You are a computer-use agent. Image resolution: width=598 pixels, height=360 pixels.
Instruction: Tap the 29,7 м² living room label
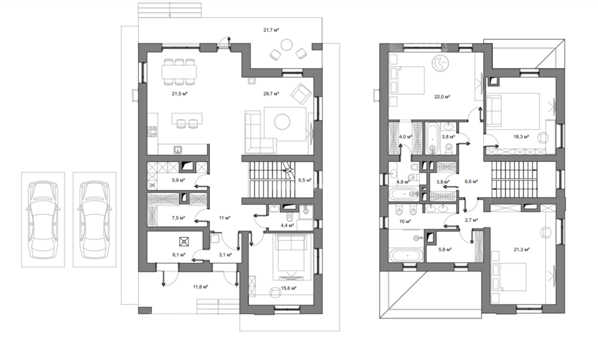point(271,93)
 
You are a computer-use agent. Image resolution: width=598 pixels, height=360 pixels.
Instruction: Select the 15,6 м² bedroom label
point(289,288)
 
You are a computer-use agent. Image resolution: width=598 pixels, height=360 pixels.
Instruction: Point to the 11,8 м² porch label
point(201,286)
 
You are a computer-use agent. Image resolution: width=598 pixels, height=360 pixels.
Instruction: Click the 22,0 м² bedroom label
point(443,97)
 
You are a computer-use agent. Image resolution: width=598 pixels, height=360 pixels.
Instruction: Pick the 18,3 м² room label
point(521,136)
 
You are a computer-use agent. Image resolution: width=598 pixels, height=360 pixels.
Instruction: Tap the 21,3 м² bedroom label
point(521,249)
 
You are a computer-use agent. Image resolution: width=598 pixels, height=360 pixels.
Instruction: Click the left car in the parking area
point(42,219)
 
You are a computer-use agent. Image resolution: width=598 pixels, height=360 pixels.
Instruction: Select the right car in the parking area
point(94,219)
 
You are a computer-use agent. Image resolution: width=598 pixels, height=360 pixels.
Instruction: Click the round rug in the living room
point(282,122)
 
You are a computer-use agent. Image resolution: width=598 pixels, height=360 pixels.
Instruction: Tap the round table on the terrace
point(287,45)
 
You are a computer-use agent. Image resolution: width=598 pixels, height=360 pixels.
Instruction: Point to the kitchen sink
point(178,150)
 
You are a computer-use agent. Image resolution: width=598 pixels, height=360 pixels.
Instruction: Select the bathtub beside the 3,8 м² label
point(432,138)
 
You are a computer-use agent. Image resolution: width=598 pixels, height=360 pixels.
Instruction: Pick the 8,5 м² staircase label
point(305,179)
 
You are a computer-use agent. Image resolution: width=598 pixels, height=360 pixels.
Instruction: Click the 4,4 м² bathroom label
point(287,225)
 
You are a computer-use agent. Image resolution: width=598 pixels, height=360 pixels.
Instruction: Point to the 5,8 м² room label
point(445,249)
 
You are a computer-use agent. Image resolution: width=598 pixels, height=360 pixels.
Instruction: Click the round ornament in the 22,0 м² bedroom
point(441,63)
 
